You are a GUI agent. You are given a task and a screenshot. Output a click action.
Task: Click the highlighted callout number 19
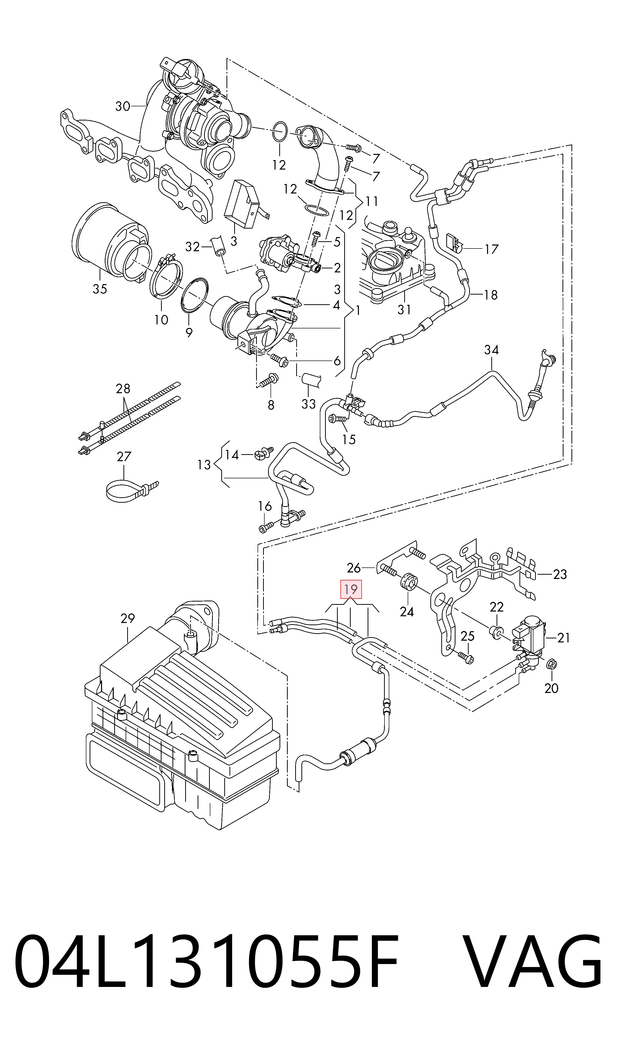[x=351, y=589]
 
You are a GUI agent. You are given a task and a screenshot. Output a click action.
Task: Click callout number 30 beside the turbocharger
[x=123, y=107]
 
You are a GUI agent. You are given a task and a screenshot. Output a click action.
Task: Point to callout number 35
[x=100, y=289]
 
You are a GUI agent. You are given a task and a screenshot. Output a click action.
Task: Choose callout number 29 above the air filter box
[x=128, y=618]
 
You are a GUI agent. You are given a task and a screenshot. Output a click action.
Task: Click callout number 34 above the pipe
[x=491, y=350]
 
